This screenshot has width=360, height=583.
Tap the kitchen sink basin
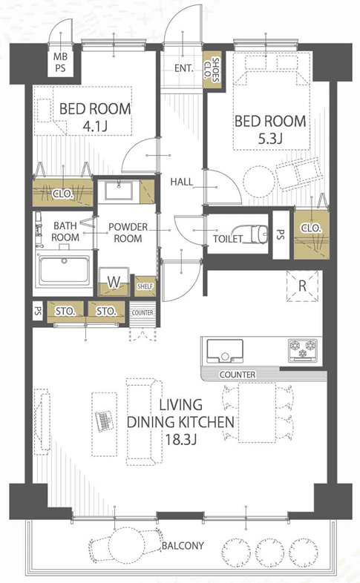225,351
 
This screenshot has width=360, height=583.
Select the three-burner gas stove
303,350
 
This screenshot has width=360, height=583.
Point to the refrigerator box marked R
302,286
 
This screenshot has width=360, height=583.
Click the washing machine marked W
114,282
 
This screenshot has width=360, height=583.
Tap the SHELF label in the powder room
145,286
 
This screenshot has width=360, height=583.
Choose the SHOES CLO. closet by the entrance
212,70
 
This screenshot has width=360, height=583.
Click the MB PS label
60,62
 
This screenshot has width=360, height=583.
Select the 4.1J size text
95,127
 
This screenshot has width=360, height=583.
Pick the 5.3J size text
270,139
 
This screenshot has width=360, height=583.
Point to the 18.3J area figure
181,440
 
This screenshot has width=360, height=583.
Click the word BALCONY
183,545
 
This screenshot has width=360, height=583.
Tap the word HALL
182,182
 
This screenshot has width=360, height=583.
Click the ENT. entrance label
184,68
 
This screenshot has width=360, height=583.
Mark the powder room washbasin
119,191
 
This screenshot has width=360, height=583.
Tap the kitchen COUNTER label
238,375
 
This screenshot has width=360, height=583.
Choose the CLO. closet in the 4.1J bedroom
62,193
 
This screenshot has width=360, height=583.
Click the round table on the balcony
126,547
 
